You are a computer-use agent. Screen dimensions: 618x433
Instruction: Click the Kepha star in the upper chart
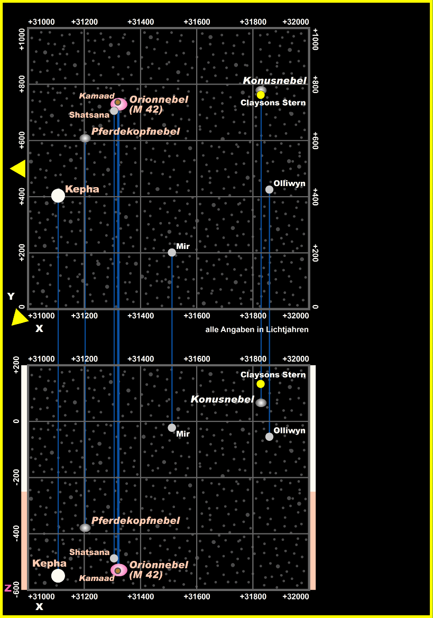tap(58, 196)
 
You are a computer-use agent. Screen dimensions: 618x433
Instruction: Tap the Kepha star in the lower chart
tap(58, 576)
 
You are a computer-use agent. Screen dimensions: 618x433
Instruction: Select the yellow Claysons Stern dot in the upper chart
tap(261, 95)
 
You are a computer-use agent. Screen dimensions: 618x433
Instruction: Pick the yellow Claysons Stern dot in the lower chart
tap(261, 384)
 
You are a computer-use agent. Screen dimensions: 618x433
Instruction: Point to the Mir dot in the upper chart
tap(172, 252)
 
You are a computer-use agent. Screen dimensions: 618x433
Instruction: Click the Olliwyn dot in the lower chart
tap(269, 437)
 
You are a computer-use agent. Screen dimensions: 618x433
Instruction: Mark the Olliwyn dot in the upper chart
tap(269, 189)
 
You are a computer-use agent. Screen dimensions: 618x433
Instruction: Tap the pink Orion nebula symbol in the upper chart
tap(119, 104)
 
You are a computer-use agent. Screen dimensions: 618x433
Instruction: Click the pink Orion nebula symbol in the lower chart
tap(118, 570)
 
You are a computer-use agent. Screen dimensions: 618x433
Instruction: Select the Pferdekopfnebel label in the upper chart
tap(135, 131)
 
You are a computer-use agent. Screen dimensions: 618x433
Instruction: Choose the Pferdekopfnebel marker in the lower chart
tap(85, 528)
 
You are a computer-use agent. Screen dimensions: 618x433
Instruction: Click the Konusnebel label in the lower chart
tap(222, 399)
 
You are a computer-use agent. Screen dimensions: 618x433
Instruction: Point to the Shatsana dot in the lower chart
tap(114, 558)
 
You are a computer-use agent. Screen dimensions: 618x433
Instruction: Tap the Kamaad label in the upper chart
tap(93, 96)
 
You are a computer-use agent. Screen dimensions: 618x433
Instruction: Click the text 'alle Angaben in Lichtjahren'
tap(256, 329)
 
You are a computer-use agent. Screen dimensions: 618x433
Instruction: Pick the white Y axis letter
tap(11, 297)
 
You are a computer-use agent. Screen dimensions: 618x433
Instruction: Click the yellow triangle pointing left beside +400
tap(18, 169)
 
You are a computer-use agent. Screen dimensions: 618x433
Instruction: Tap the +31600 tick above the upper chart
tap(197, 22)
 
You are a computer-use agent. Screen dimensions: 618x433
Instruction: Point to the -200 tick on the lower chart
tap(16, 478)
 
